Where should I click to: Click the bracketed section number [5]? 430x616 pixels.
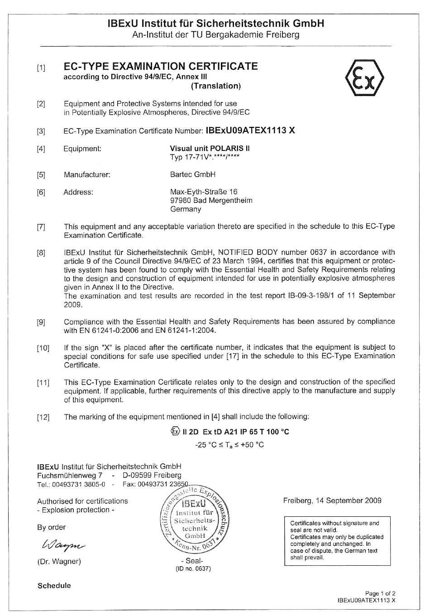point(41,175)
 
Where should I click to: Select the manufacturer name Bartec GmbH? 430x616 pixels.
point(193,174)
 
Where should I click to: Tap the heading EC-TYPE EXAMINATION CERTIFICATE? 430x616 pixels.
point(161,67)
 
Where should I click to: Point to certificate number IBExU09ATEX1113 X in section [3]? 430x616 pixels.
point(250,130)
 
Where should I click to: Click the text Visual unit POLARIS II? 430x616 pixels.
point(210,148)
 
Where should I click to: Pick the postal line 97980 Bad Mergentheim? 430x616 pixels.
point(211,200)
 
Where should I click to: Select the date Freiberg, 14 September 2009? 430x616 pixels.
point(332,500)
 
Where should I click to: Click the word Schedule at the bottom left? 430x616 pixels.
point(54,586)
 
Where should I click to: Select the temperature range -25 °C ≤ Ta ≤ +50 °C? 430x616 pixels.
point(229,445)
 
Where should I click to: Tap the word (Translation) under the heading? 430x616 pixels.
point(216,86)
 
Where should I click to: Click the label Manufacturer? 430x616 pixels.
point(87,174)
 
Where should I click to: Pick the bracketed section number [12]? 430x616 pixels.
point(43,417)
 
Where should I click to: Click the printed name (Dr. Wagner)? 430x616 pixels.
point(59,562)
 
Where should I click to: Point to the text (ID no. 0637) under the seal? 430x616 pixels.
point(193,569)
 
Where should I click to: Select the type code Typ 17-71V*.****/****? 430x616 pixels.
point(205,157)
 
